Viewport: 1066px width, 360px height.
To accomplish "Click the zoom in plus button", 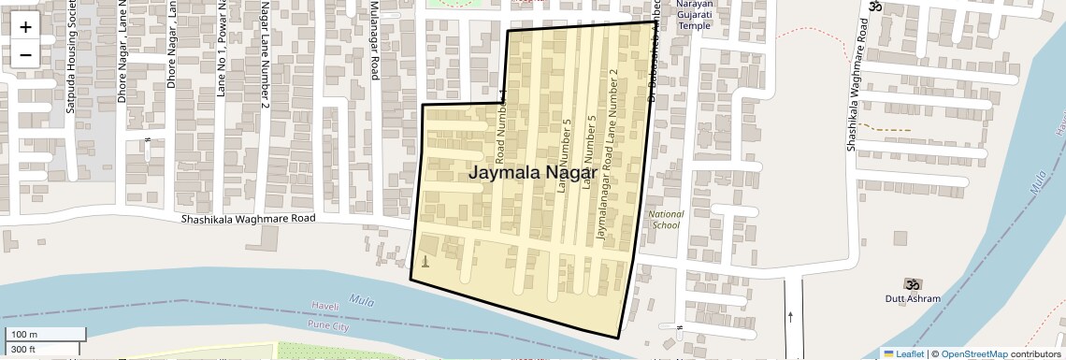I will pos(25,26).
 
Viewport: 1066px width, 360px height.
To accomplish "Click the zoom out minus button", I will pos(25,54).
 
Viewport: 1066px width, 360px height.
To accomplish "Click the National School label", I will pos(667,220).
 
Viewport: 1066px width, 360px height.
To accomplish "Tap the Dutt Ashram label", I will pos(912,299).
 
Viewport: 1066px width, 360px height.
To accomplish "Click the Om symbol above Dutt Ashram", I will pos(911,283).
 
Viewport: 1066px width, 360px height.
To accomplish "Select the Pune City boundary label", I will pos(327,325).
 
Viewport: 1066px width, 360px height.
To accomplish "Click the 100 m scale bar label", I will pos(24,335).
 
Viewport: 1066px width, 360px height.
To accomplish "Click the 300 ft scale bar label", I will pos(23,350).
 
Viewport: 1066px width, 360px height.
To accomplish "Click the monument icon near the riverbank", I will pos(425,261).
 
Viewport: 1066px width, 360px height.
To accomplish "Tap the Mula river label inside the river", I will pos(360,300).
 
